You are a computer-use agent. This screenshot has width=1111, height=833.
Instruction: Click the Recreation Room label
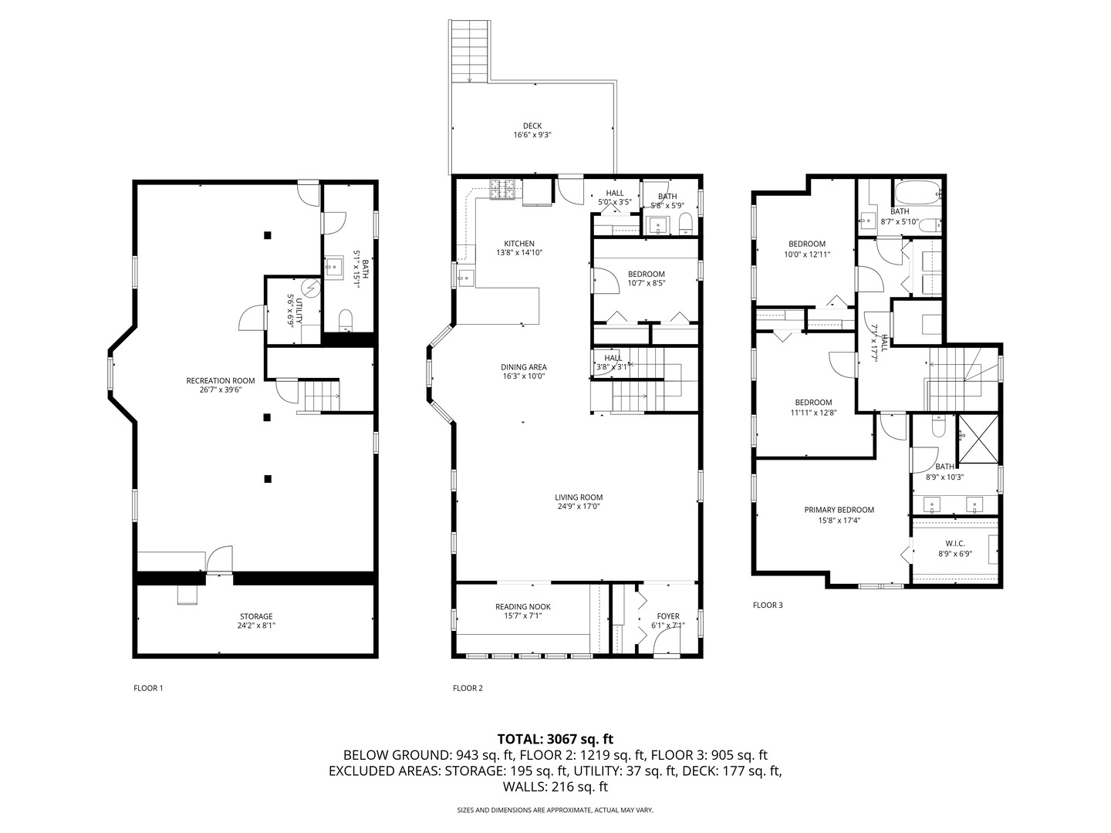pyautogui.click(x=221, y=381)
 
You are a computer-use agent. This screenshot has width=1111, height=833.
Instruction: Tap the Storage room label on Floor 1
pyautogui.click(x=256, y=616)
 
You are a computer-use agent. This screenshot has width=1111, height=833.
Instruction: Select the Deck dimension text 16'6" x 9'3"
pyautogui.click(x=532, y=135)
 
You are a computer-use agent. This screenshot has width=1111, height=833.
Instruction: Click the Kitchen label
pyautogui.click(x=518, y=243)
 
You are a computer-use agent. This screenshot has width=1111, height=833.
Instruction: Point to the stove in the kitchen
pyautogui.click(x=502, y=190)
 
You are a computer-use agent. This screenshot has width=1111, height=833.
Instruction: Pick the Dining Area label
pyautogui.click(x=524, y=367)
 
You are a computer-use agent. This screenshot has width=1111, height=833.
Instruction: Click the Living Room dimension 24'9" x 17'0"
pyautogui.click(x=579, y=506)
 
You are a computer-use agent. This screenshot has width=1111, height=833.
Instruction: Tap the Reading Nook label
pyautogui.click(x=523, y=607)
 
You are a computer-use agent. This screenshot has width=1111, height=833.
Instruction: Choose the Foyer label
pyautogui.click(x=668, y=616)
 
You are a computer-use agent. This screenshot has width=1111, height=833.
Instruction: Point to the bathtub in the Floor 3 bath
pyautogui.click(x=917, y=193)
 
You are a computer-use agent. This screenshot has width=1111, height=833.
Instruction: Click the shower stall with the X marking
pyautogui.click(x=978, y=439)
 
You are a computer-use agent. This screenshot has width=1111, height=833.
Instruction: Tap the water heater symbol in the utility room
pyautogui.click(x=309, y=288)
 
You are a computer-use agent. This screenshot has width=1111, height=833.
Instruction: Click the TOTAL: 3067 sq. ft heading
pyautogui.click(x=555, y=740)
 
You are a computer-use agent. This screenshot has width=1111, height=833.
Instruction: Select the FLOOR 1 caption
pyautogui.click(x=148, y=688)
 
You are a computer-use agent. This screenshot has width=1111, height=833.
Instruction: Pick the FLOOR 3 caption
pyautogui.click(x=768, y=605)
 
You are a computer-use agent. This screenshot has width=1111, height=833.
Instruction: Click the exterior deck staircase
pyautogui.click(x=470, y=51)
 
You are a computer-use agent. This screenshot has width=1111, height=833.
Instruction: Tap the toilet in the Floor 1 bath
pyautogui.click(x=346, y=320)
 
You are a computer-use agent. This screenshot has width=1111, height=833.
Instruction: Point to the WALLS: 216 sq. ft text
pyautogui.click(x=555, y=787)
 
